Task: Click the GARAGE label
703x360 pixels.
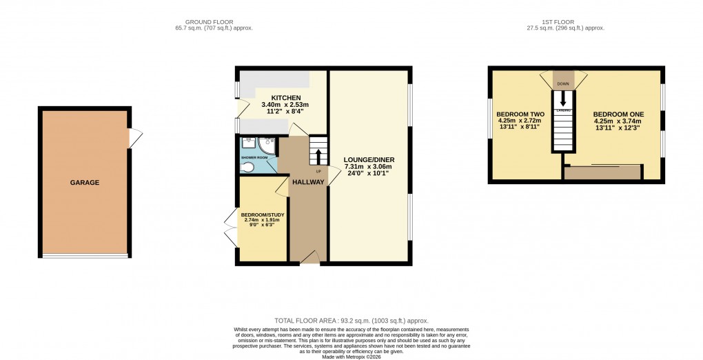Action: (84, 183)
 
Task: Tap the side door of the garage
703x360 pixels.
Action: (135, 138)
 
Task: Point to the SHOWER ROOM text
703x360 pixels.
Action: (253, 158)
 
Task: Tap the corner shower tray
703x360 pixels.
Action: (268, 144)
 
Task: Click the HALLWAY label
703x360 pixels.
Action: (307, 182)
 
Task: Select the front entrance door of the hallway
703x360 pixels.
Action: (309, 257)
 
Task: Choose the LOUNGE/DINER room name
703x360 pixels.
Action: (369, 159)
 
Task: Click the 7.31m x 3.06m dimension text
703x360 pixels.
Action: (369, 167)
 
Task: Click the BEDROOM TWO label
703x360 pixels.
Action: (521, 114)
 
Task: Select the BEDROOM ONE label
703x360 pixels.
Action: (618, 114)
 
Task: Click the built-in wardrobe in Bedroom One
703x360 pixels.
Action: (603, 172)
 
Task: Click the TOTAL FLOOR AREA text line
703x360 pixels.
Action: (351, 321)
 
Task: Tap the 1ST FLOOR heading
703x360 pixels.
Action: (564, 21)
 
